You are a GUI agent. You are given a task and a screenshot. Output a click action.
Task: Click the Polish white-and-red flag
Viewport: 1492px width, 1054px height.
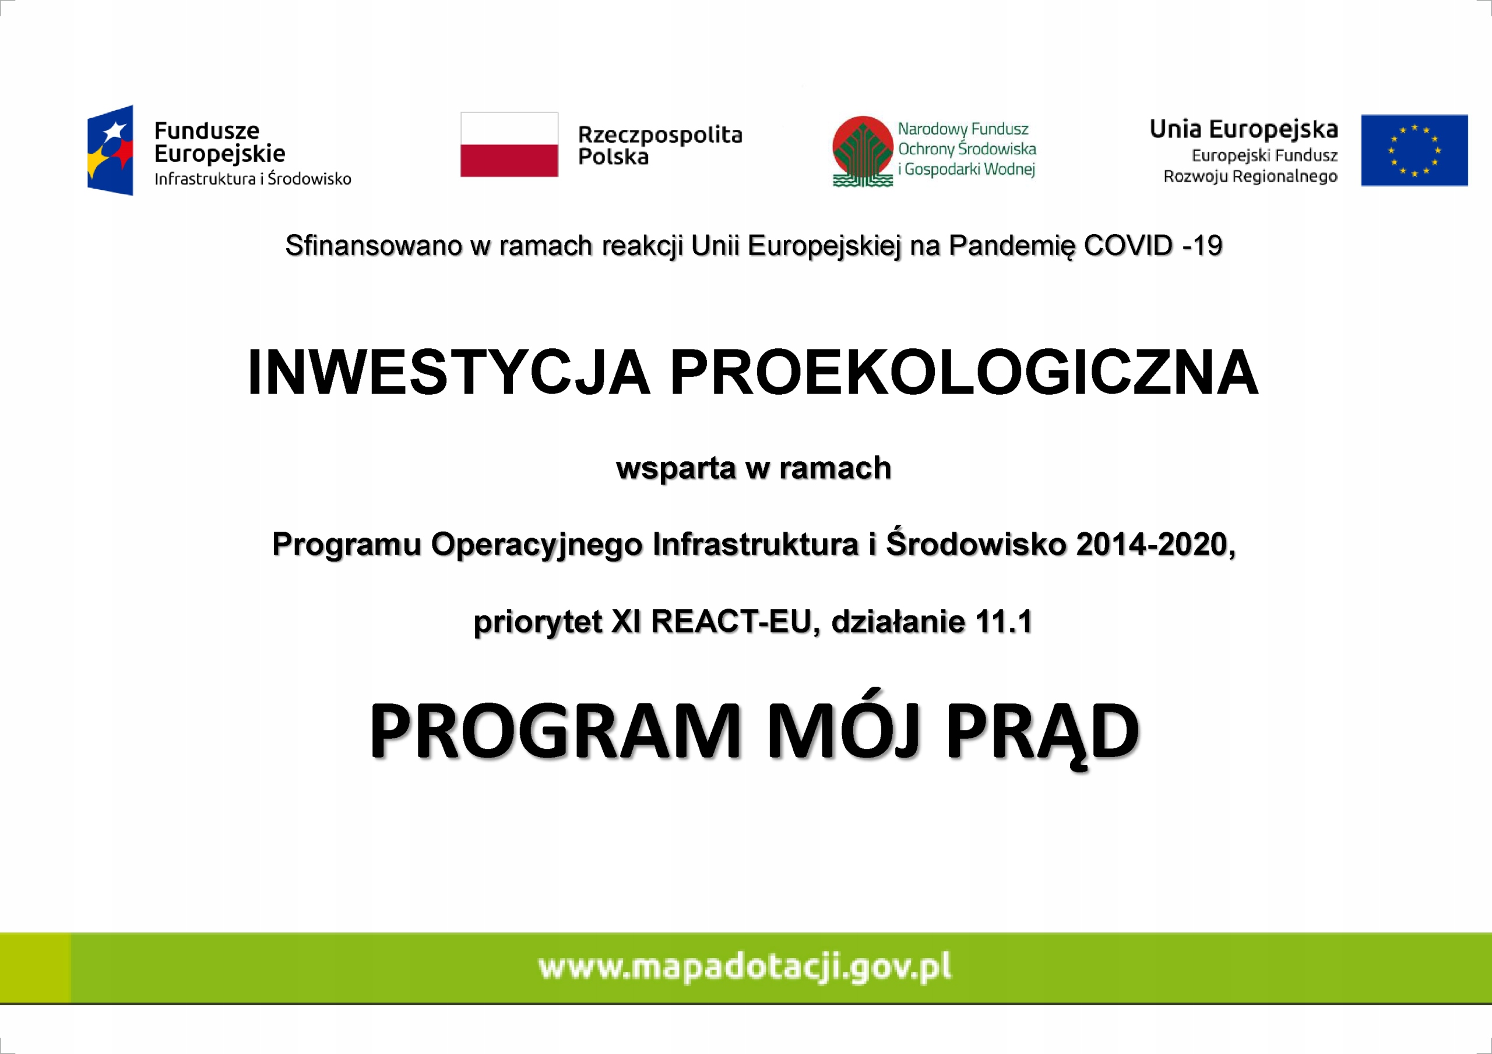point(509,144)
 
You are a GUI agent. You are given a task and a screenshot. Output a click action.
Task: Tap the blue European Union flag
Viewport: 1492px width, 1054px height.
point(1414,150)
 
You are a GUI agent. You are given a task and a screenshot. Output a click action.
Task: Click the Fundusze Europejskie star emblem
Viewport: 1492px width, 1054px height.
point(111,150)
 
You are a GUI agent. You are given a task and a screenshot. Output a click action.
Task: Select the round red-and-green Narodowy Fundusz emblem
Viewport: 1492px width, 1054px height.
point(863,151)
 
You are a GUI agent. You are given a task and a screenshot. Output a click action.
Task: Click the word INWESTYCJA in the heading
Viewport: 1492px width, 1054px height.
point(448,372)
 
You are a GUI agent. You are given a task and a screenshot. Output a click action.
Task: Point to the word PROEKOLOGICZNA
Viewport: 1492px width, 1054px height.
point(965,372)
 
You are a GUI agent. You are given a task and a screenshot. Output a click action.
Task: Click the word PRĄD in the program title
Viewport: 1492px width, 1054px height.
point(1042,732)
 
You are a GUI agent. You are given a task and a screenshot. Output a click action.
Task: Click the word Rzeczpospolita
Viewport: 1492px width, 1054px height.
point(660,135)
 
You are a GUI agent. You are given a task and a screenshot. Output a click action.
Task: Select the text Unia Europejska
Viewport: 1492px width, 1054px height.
point(1244,130)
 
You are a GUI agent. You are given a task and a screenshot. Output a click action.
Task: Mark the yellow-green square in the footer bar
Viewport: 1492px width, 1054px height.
point(35,968)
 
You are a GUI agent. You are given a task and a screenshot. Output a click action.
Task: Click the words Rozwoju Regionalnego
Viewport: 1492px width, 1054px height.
point(1250,176)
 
